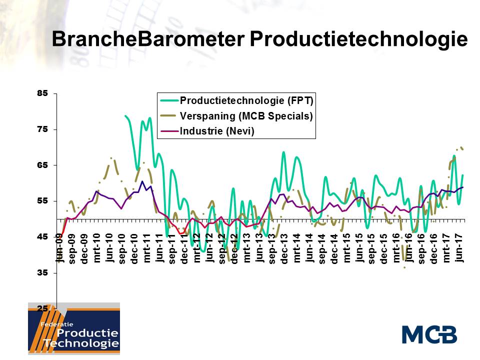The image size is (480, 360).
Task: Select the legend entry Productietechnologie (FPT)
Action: [246, 100]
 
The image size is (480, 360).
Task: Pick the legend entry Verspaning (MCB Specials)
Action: [246, 116]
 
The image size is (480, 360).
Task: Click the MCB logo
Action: [429, 334]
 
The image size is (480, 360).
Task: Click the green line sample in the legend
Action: [168, 100]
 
